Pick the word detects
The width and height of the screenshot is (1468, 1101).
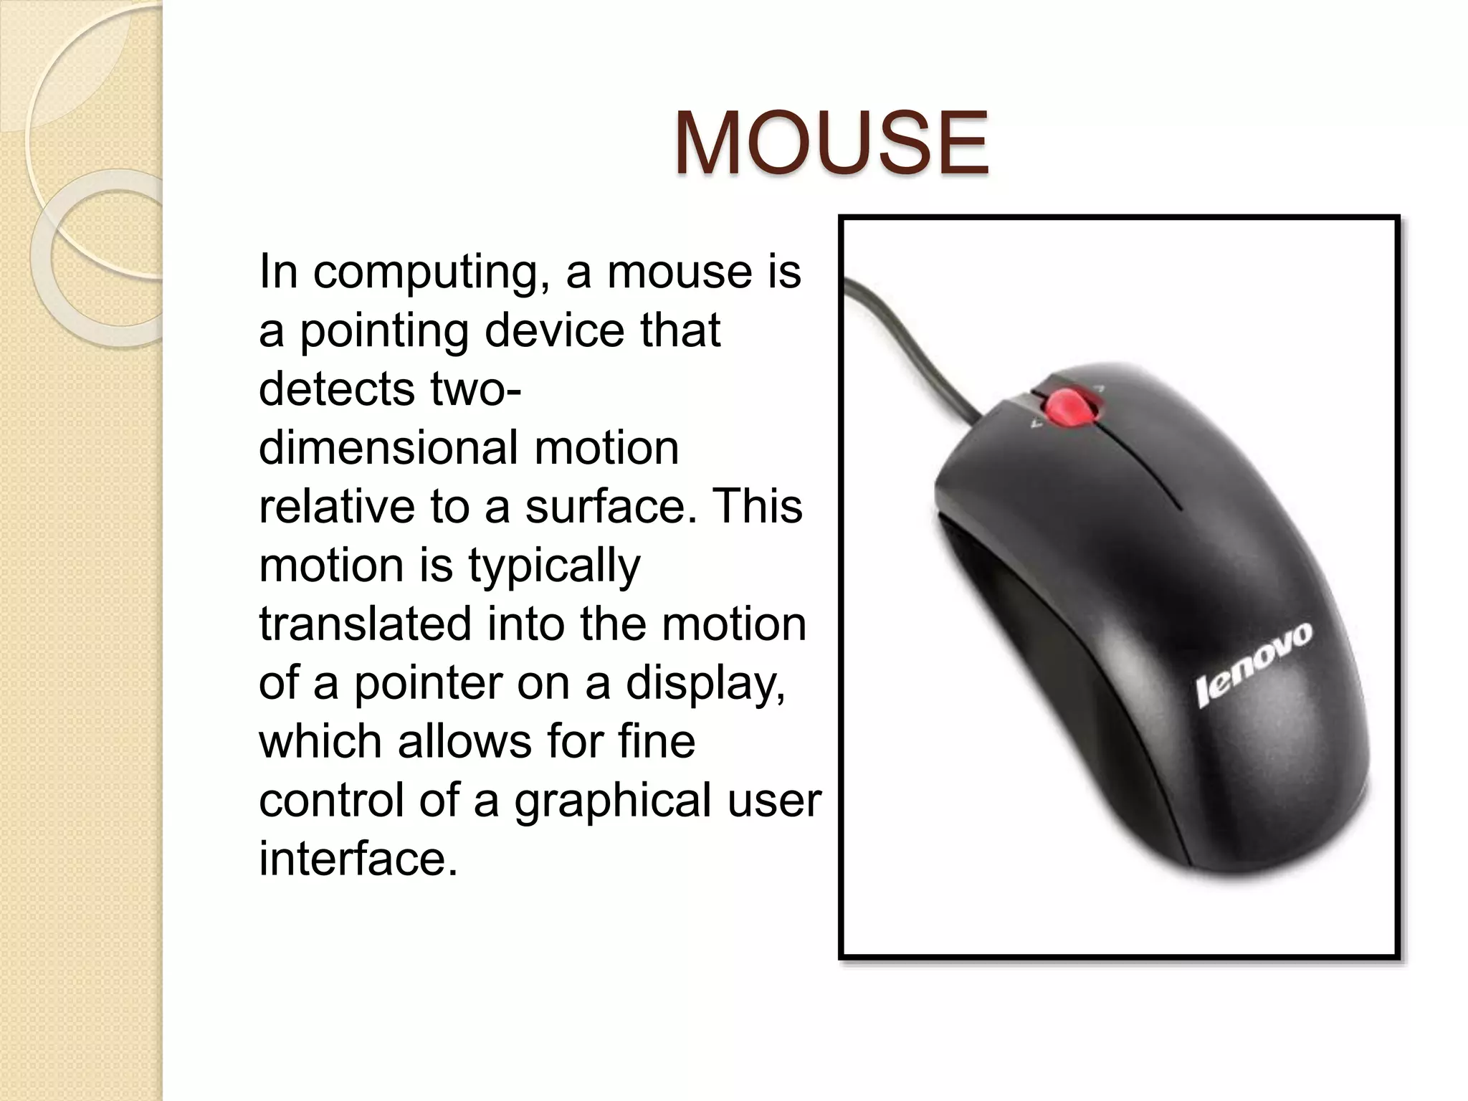(x=337, y=389)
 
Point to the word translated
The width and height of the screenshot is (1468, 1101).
(x=366, y=624)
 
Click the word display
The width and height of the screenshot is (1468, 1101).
(x=705, y=684)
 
